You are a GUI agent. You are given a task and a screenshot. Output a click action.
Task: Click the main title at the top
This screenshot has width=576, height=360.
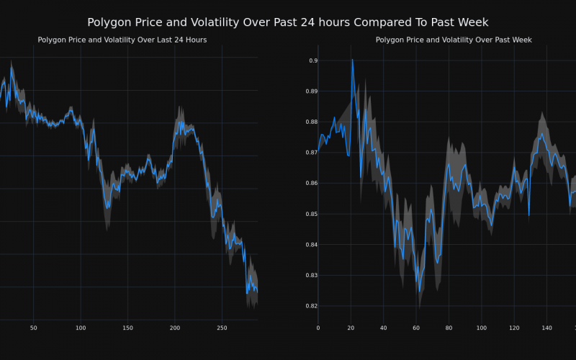[x=288, y=22]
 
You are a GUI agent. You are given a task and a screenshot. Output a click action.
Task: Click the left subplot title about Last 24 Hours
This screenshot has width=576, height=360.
[x=122, y=40]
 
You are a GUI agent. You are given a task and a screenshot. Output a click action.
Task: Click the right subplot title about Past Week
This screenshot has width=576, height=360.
[x=454, y=40]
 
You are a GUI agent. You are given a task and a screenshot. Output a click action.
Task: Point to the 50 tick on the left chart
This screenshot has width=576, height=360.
[x=33, y=328]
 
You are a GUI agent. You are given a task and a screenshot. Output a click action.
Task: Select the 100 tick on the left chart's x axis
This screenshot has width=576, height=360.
[x=81, y=328]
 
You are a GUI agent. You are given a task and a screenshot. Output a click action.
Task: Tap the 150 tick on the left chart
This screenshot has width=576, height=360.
[x=127, y=328]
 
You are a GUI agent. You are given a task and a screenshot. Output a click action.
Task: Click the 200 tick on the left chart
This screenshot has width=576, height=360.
[x=175, y=328]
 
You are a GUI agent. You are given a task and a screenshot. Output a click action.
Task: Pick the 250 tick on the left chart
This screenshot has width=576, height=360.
[x=222, y=328]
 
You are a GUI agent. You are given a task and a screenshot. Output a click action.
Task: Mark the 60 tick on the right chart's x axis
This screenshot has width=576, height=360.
[x=415, y=328]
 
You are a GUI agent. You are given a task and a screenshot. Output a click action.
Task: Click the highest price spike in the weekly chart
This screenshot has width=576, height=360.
[x=352, y=60]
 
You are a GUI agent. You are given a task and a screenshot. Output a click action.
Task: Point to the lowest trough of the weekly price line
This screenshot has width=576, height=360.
[x=419, y=292]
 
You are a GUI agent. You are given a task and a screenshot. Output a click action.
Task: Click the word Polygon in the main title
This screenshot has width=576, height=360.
[x=111, y=22]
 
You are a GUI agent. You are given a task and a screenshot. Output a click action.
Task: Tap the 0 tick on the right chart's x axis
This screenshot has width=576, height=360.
[x=318, y=328]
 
